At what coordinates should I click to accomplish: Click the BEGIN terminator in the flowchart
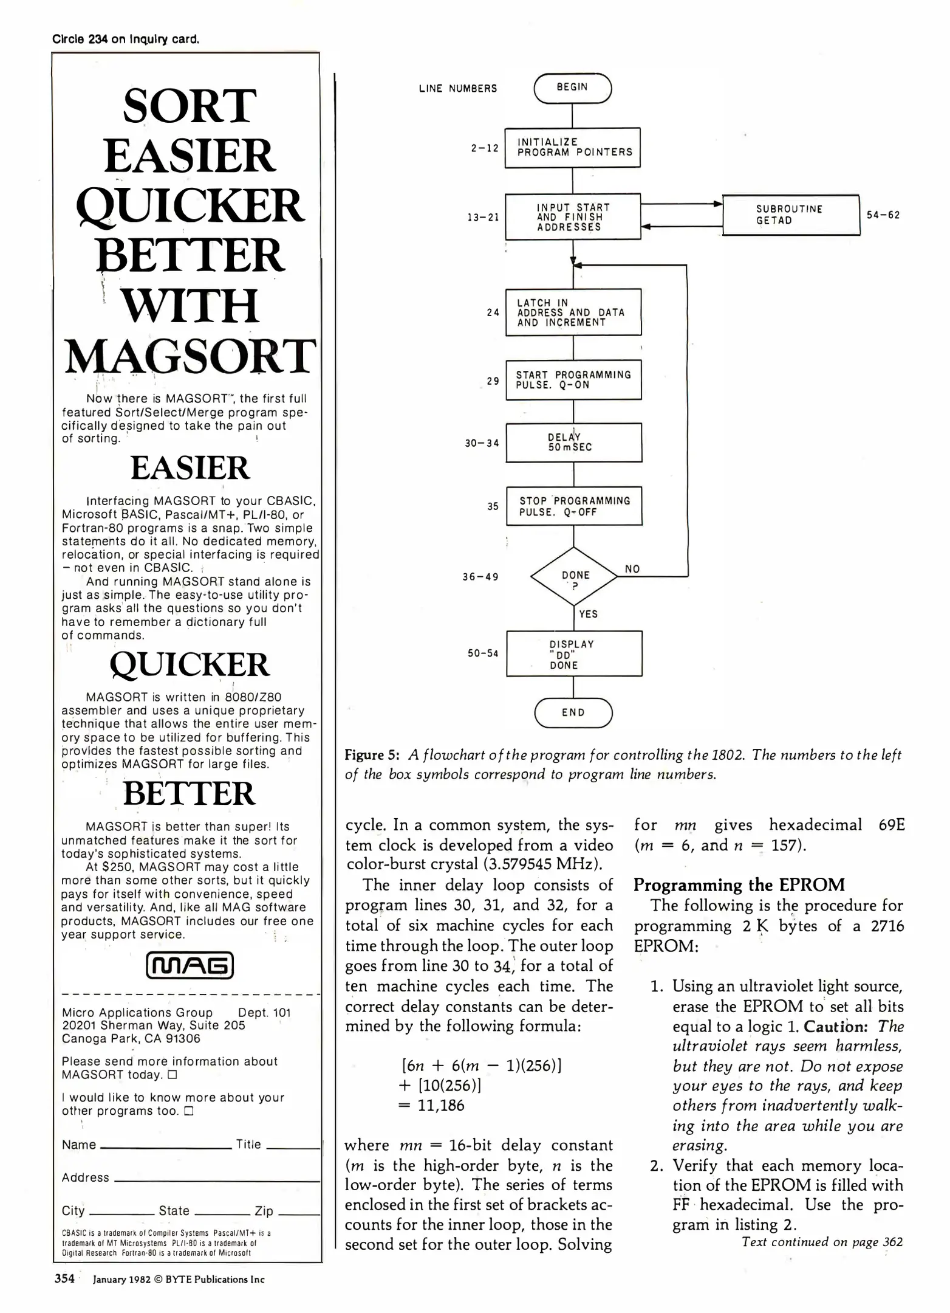coord(572,88)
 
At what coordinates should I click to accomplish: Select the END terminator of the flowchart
coord(573,712)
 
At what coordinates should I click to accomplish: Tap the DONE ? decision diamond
coord(574,576)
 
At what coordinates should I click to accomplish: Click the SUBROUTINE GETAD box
coord(790,215)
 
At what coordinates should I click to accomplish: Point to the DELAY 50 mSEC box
coord(573,443)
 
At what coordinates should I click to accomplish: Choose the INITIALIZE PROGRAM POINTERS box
coord(573,147)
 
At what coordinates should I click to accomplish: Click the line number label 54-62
coord(883,215)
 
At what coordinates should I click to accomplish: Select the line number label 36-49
coord(480,576)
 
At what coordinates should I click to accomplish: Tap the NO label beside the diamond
coord(632,569)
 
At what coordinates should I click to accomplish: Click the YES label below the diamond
coord(588,614)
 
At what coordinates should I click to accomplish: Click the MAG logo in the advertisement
coord(190,966)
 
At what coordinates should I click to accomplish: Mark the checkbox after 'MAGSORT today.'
coord(172,1075)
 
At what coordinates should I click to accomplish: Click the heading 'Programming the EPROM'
coord(739,884)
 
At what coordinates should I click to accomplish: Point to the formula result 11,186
coord(440,1105)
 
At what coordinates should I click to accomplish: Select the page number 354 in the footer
coord(64,1279)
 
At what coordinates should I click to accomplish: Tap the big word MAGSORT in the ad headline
coord(190,356)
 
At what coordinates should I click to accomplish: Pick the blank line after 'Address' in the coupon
coord(217,1180)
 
